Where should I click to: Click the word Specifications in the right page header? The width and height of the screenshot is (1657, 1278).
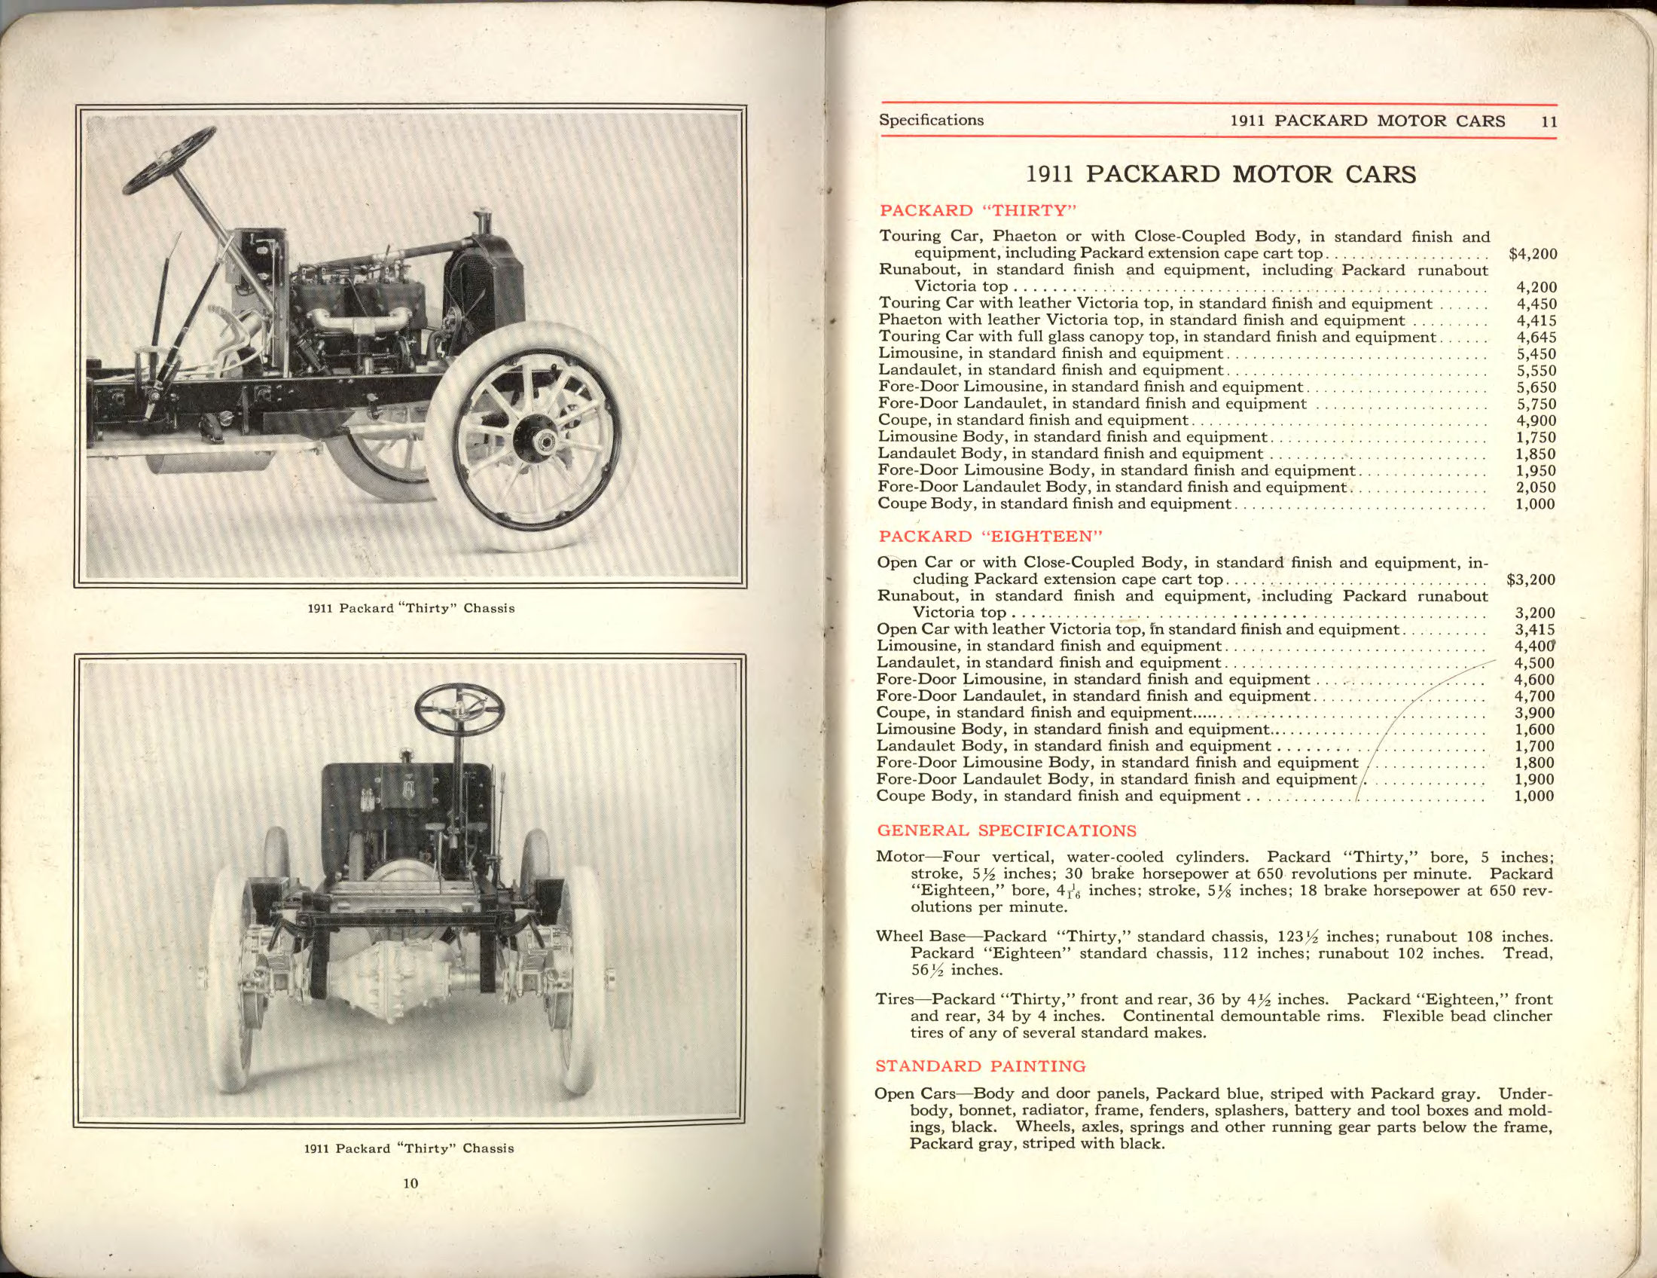click(931, 120)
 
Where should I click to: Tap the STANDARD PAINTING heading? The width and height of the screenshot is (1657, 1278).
click(980, 1066)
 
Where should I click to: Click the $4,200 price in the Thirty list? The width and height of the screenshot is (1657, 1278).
click(1533, 255)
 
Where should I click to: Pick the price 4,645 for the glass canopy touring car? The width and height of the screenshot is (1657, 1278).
click(1536, 338)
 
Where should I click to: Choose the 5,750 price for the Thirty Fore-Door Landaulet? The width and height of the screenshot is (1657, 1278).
click(1536, 405)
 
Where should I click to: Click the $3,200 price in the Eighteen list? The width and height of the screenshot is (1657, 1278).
click(1531, 580)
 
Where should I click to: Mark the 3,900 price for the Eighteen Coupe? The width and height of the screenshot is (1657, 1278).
click(1534, 714)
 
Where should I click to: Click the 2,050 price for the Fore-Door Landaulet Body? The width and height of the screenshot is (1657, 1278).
click(1536, 488)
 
